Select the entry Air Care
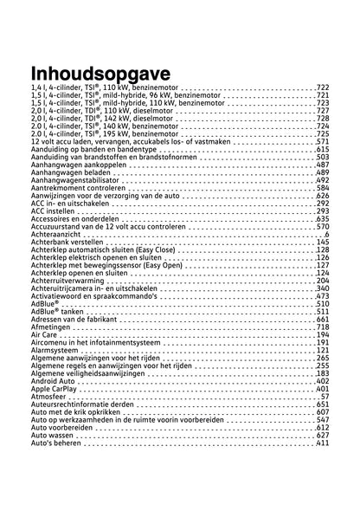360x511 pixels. click(43, 334)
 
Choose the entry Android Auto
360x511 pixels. click(51, 381)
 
